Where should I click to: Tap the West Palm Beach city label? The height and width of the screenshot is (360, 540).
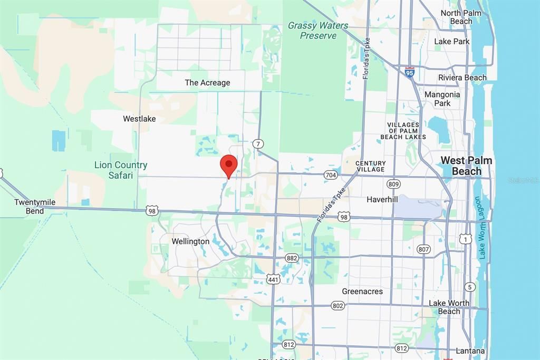click(466, 166)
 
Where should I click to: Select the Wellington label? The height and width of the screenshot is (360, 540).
click(190, 241)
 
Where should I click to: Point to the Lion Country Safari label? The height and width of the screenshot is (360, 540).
click(121, 170)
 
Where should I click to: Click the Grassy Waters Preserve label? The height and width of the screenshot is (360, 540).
click(318, 31)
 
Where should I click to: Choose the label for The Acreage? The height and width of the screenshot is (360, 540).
click(207, 83)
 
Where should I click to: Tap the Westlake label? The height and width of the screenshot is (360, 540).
click(139, 119)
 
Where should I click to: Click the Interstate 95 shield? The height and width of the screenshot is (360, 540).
click(410, 72)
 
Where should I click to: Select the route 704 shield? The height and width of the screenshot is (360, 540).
click(331, 175)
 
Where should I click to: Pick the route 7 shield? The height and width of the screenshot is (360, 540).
click(258, 143)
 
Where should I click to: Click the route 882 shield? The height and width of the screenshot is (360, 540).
click(292, 258)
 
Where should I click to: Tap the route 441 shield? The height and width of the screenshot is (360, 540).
click(273, 279)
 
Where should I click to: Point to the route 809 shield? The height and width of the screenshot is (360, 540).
click(393, 184)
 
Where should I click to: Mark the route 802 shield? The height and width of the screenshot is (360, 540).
click(338, 306)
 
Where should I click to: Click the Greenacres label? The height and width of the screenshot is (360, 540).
click(362, 291)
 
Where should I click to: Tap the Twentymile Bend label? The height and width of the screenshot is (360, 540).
click(35, 207)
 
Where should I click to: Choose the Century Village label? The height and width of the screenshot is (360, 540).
click(370, 167)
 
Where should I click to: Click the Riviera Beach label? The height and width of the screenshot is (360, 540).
click(462, 77)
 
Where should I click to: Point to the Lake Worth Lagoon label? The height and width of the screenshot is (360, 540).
click(480, 228)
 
